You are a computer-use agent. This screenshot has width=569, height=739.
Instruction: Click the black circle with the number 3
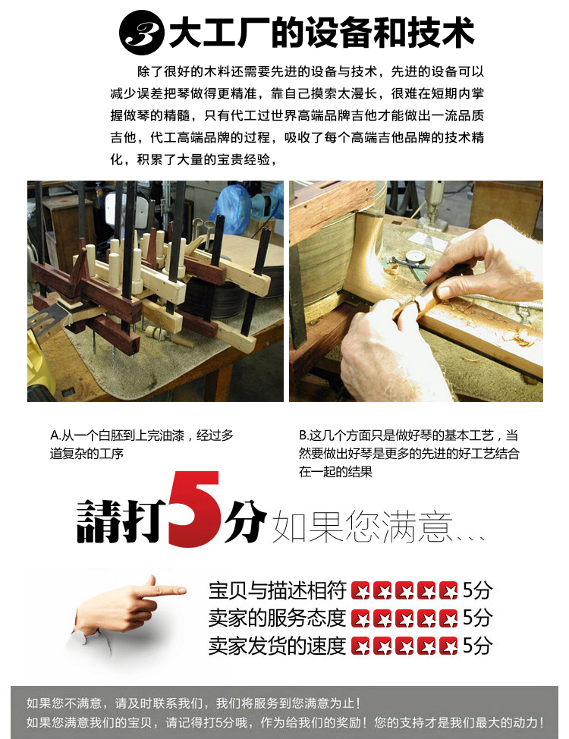point(141,32)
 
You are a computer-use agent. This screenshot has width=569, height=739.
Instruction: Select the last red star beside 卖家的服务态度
point(448,618)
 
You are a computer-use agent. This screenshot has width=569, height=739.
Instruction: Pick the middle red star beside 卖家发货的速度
point(404,646)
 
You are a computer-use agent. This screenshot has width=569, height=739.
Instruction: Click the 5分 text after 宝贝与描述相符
point(477,590)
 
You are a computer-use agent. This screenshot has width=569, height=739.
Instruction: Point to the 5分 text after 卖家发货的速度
point(477,646)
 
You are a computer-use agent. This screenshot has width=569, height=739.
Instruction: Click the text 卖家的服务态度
point(277,618)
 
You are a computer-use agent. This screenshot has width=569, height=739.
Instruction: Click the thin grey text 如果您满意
point(362,526)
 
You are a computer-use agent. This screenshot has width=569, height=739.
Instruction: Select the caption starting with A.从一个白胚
point(141,445)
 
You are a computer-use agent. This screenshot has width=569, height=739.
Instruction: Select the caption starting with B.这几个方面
point(409,454)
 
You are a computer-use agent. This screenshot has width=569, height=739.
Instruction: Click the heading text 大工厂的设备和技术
point(321,32)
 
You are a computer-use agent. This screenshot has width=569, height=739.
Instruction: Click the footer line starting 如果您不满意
point(193,703)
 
